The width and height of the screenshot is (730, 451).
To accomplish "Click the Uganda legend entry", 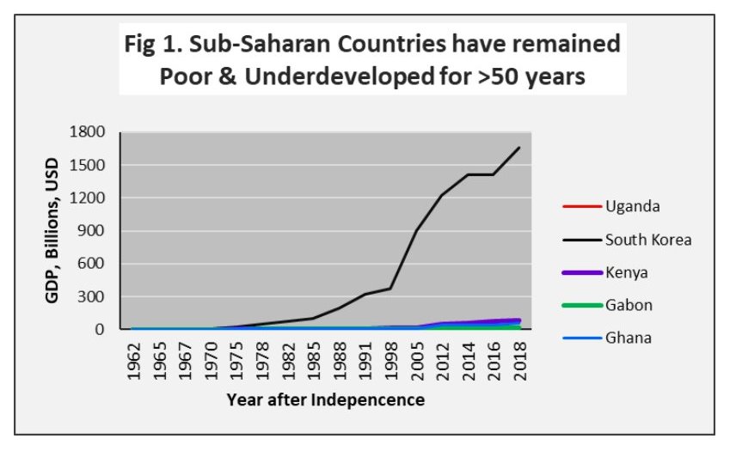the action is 610,206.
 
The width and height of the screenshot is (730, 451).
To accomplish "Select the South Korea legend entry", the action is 627,240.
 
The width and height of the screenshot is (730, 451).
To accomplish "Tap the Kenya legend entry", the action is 604,272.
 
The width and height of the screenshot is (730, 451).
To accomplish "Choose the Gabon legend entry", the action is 607,305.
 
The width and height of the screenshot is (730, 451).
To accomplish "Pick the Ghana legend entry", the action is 607,338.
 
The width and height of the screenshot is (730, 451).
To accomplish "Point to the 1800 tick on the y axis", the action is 87,131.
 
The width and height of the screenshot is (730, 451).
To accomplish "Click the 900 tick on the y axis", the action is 91,230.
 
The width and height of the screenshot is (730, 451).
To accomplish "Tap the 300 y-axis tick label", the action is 91,296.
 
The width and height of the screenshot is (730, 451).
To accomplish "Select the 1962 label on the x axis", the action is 133,361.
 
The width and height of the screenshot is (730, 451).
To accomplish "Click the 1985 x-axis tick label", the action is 314,361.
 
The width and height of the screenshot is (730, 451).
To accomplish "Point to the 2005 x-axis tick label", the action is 417,361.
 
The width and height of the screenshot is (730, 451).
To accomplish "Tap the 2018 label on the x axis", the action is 519,361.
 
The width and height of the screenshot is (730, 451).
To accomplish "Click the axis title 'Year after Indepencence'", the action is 325,399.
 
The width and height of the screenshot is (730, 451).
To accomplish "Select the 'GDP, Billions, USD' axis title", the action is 52,230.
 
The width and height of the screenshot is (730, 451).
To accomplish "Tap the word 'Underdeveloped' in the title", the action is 340,76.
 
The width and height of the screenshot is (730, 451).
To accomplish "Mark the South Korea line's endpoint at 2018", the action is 519,148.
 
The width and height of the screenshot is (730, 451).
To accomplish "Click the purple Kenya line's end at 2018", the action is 519,320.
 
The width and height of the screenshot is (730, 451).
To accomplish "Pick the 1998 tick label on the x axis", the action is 391,361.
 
